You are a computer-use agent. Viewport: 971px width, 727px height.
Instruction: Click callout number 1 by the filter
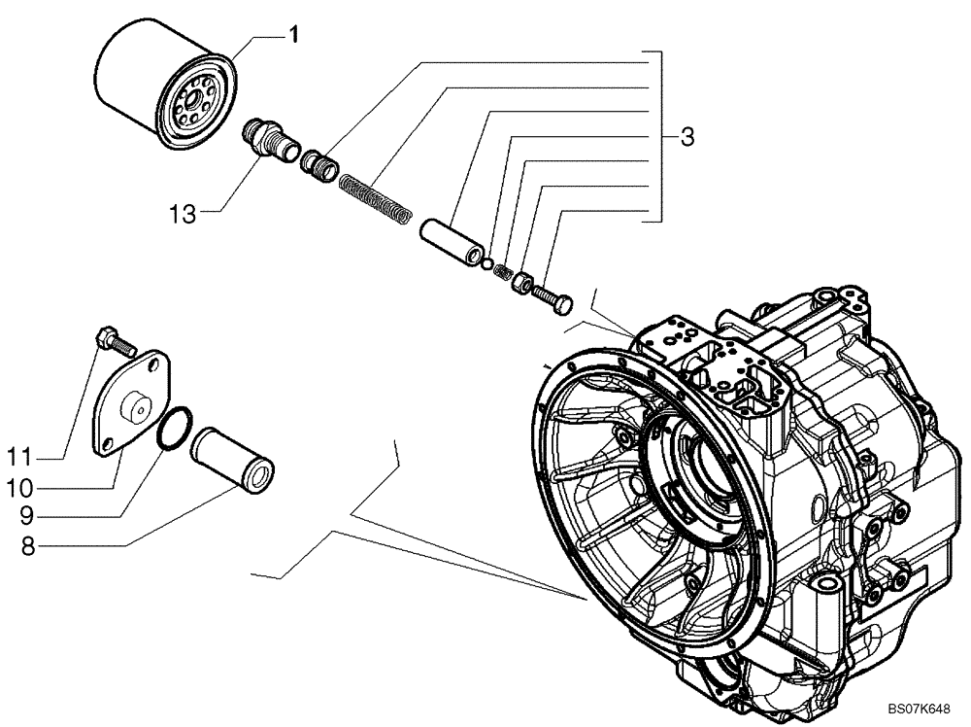coord(291,35)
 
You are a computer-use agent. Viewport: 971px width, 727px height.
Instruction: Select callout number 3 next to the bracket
coord(687,138)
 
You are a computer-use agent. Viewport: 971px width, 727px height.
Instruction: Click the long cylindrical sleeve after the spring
coord(452,243)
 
